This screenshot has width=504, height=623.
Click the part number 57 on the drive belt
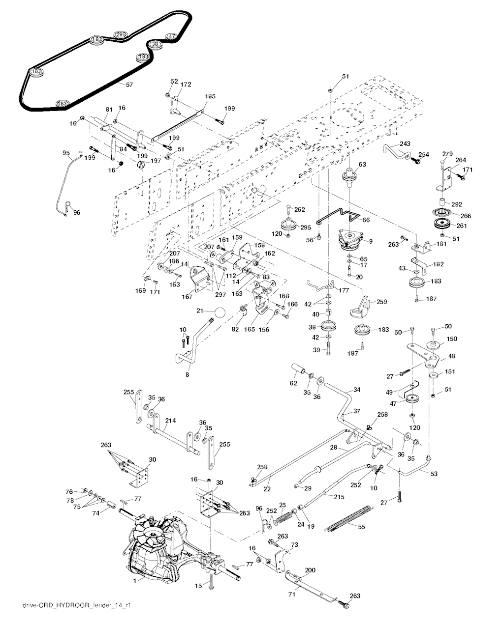point(129,85)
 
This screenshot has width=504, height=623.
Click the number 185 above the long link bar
point(210,97)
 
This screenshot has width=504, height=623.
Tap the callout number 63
point(362,165)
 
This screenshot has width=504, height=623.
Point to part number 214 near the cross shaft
point(171,421)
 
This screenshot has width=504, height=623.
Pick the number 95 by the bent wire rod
point(66,153)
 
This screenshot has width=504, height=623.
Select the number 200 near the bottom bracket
point(310,570)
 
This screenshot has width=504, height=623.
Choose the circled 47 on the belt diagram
point(171,36)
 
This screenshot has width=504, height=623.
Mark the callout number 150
point(452,339)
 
